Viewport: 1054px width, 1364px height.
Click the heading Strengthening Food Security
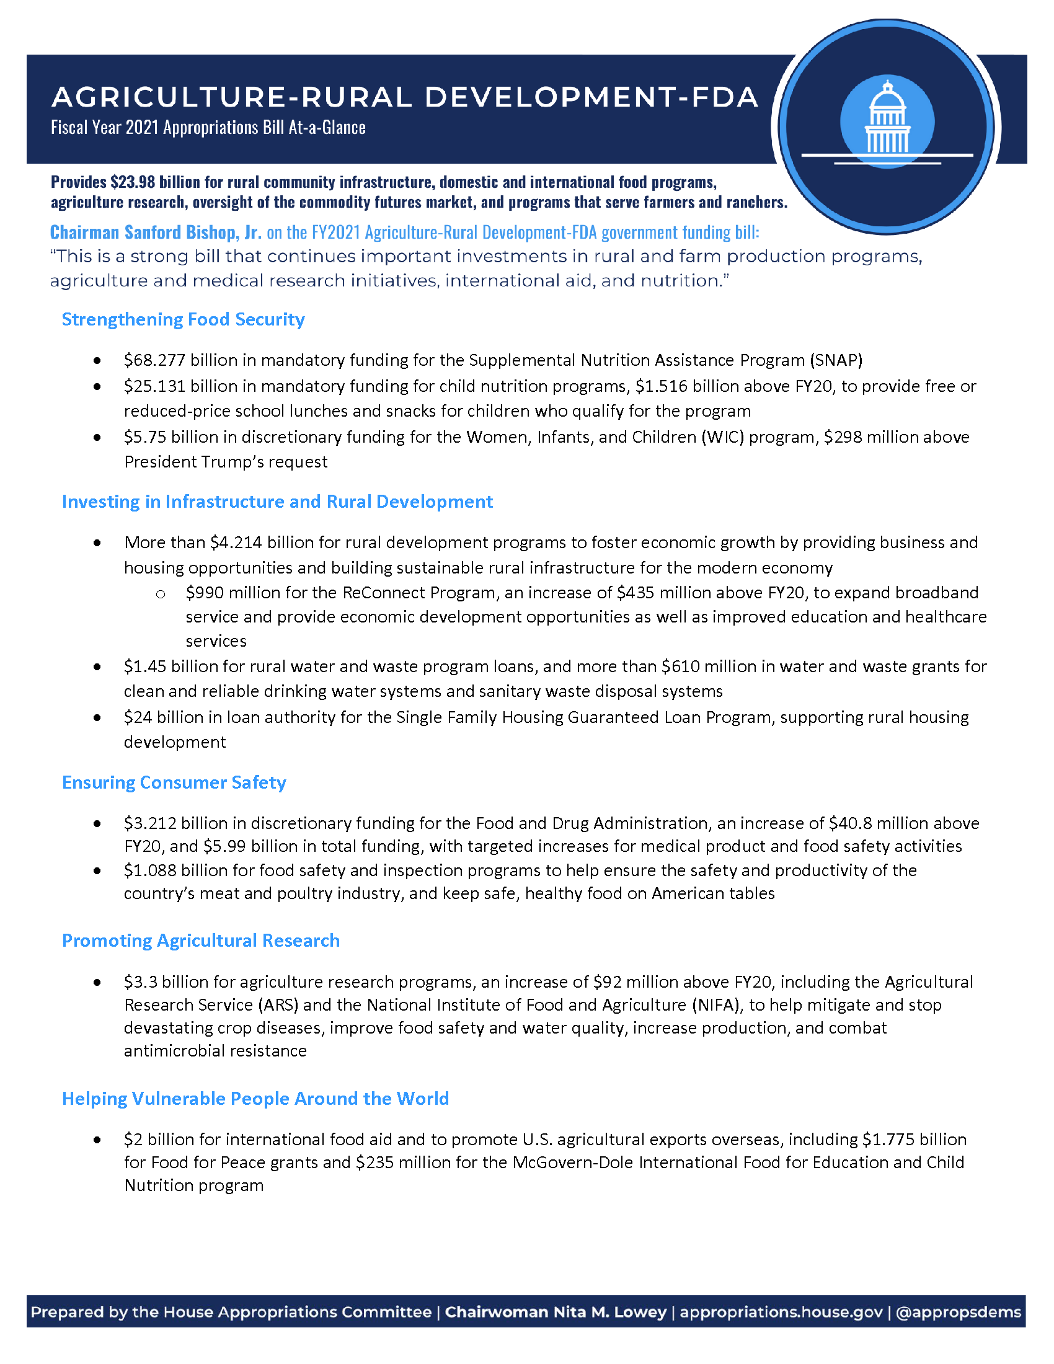(x=183, y=319)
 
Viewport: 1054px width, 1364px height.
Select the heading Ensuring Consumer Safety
(x=174, y=782)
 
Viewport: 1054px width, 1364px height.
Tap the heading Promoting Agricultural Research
(x=200, y=941)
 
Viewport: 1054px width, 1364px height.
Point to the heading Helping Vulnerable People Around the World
(x=255, y=1099)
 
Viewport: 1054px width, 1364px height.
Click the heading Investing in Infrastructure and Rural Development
(x=277, y=502)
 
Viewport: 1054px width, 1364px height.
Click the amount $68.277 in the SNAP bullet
(x=154, y=360)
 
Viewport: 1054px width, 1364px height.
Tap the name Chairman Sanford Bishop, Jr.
(x=156, y=232)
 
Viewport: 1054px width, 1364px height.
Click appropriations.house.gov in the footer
(x=781, y=1311)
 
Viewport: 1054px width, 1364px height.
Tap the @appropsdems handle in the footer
(x=958, y=1311)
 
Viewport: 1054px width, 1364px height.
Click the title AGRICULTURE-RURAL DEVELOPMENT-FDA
(x=405, y=97)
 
